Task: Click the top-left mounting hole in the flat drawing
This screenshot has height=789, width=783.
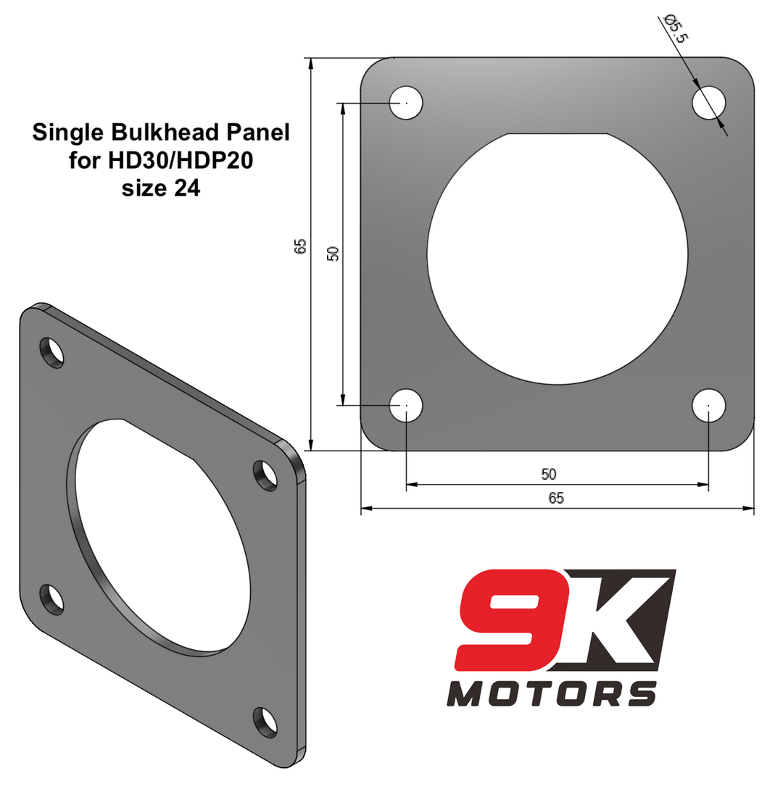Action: (406, 103)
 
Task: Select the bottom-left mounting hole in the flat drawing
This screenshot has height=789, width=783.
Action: (406, 405)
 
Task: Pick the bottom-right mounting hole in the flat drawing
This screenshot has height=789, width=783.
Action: (708, 405)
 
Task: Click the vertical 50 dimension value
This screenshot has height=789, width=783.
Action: (333, 254)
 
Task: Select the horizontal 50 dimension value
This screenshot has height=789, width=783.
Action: (549, 475)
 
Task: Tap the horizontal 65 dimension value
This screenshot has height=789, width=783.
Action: (556, 498)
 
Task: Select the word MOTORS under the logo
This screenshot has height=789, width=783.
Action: (551, 693)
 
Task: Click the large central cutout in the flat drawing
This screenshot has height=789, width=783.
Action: (557, 261)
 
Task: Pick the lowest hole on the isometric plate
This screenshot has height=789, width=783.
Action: (265, 722)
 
